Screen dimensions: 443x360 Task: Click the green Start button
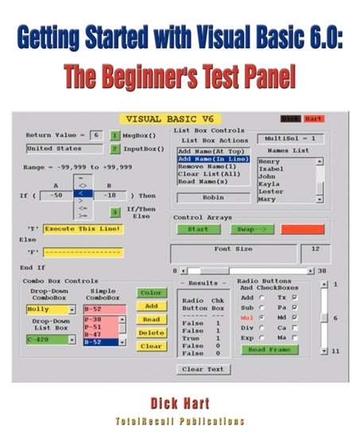point(198,229)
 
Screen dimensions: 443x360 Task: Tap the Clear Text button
point(203,369)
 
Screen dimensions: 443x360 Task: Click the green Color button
point(151,292)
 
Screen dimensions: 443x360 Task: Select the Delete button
point(151,333)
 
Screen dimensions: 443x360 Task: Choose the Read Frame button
point(269,349)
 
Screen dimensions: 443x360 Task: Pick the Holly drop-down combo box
point(49,309)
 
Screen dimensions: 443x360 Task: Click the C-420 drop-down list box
point(49,339)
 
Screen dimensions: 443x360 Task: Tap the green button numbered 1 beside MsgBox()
point(114,136)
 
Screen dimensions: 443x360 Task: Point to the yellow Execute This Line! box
point(83,229)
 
